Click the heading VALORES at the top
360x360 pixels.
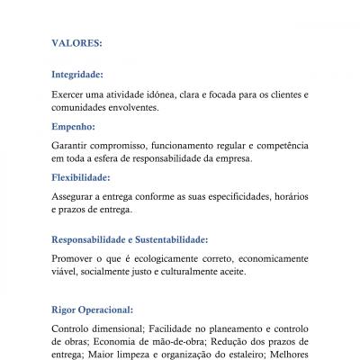coord(76,41)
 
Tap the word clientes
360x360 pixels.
coord(283,94)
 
